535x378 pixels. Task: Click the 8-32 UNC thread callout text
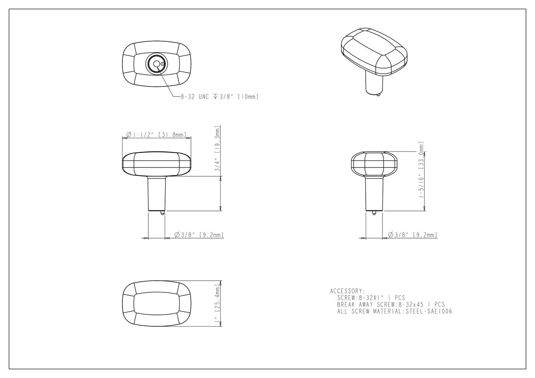click(195, 96)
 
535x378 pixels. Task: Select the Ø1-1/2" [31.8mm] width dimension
click(156, 135)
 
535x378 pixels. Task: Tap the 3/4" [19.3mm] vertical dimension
click(217, 149)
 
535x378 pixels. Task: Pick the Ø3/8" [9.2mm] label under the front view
click(199, 235)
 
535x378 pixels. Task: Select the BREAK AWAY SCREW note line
click(391, 305)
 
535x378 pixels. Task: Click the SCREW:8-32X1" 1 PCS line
click(371, 298)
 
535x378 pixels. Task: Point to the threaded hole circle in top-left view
click(156, 64)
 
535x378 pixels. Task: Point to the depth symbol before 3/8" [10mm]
click(215, 96)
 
